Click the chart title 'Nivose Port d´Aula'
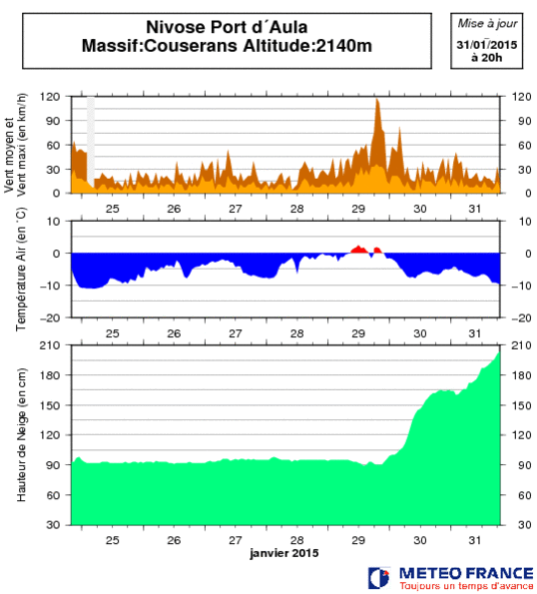coord(227,27)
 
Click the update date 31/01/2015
coord(487,45)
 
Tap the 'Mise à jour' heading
coord(487,24)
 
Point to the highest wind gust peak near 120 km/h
coord(377,100)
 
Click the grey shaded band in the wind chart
coord(91,140)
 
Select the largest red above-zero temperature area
coord(359,250)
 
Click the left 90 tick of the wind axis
coord(53,121)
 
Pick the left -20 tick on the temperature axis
coord(50,317)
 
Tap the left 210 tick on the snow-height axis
coord(50,345)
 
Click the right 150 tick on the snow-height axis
coord(521,405)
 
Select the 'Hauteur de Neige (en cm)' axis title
coord(22,435)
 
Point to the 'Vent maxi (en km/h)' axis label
coord(22,145)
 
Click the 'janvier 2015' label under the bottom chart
coord(284,553)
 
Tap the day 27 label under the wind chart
coord(236,209)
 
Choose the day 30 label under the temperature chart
coord(420,333)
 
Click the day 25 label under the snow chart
coord(113,540)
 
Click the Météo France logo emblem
coord(379,578)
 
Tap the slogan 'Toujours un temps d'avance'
coord(466,586)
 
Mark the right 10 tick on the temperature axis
coord(525,222)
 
